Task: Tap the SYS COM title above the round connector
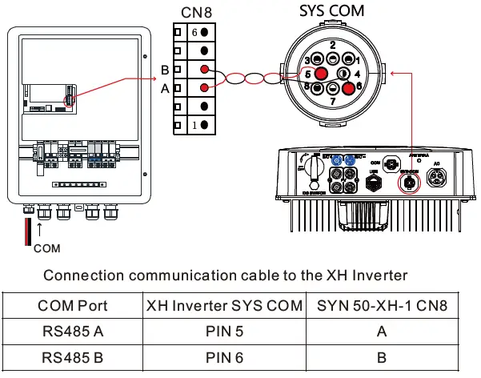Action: tap(331, 10)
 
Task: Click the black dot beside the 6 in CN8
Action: tap(206, 32)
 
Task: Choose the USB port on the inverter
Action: tap(373, 180)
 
